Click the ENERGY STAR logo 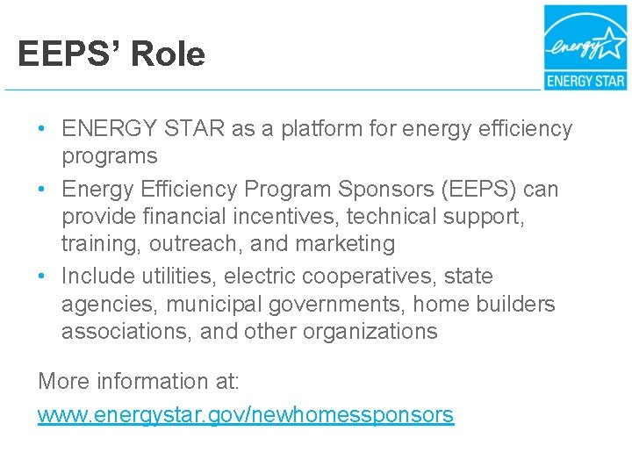[x=585, y=47]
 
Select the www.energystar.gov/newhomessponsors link [x=246, y=414]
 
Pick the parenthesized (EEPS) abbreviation [x=475, y=190]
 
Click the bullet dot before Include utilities [x=43, y=276]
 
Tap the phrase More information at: [x=138, y=382]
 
